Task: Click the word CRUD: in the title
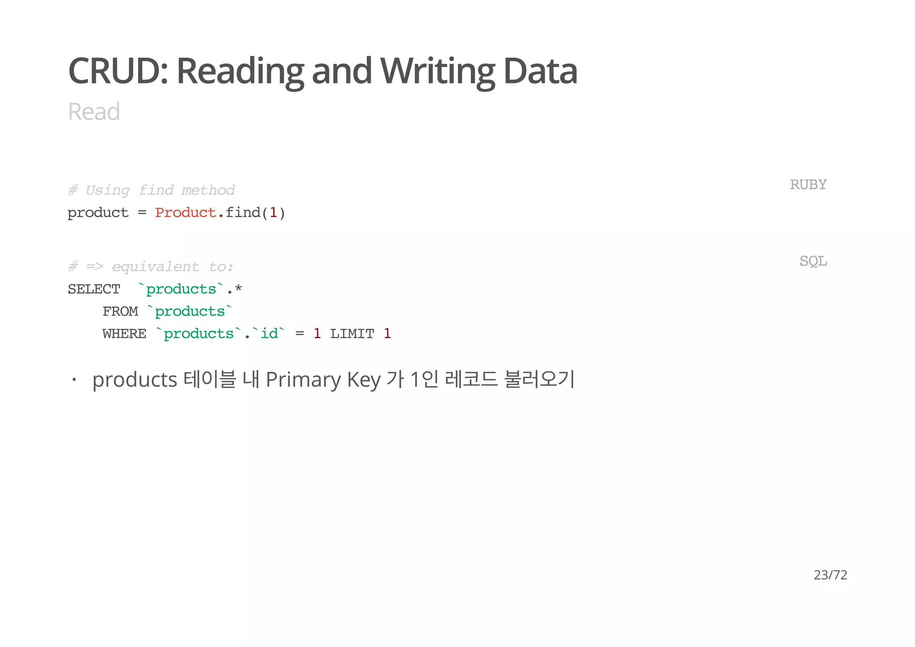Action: pos(118,71)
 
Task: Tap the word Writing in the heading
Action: pos(437,71)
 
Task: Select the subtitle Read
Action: pos(94,112)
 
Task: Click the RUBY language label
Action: pos(808,185)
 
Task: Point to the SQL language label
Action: pos(813,261)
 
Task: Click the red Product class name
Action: pos(185,213)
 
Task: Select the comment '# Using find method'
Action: pos(151,190)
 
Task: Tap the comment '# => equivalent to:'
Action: pos(151,267)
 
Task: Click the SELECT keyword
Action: pos(94,290)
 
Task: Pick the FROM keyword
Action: pos(120,311)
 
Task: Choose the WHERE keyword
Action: pos(124,334)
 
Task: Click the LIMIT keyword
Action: pos(352,334)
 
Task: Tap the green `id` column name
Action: pos(269,334)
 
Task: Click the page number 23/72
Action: pos(830,575)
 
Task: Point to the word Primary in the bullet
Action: pos(303,380)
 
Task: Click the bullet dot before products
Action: pos(74,380)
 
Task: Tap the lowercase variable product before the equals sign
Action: pos(98,213)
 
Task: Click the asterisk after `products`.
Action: pos(238,289)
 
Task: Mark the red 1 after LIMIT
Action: pos(387,334)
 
